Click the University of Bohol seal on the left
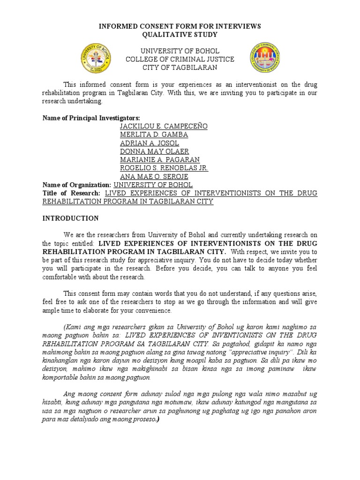pos(97,59)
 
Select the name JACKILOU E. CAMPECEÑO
pos(163,127)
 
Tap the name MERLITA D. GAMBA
pos(154,135)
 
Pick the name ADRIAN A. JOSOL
pos(149,143)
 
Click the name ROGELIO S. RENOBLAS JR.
pos(164,168)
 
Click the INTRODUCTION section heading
pos(71,218)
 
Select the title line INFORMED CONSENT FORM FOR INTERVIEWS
pos(180,27)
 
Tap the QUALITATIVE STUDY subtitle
pos(180,35)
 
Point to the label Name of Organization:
pos(77,185)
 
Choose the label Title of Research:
pos(71,193)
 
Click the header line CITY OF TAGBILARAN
pos(180,67)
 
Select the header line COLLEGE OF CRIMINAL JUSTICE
pos(180,59)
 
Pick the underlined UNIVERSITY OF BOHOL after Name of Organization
pos(153,185)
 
